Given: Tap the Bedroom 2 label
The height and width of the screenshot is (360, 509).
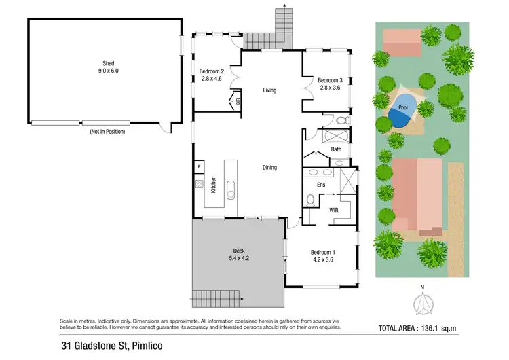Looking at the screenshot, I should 210,74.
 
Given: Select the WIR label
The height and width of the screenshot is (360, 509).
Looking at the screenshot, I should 334,211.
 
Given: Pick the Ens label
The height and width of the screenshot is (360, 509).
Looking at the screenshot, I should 322,184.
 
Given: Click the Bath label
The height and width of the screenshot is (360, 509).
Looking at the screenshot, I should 336,149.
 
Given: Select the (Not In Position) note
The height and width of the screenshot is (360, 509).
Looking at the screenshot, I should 107,132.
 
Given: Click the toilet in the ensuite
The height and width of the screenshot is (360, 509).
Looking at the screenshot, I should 310,201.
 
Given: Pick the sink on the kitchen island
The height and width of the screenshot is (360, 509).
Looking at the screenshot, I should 231,189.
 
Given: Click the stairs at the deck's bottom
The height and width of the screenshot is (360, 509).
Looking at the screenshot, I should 216,298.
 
